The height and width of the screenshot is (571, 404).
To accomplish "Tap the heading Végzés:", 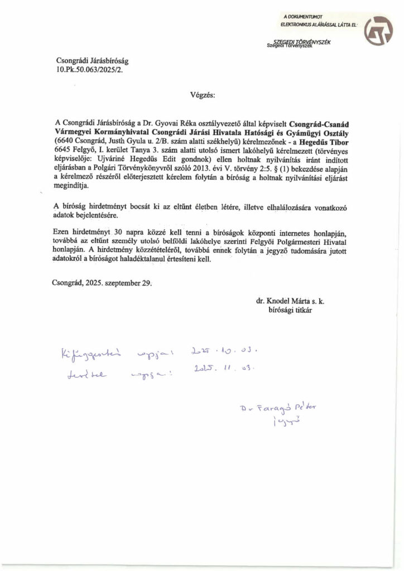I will (x=201, y=95).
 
